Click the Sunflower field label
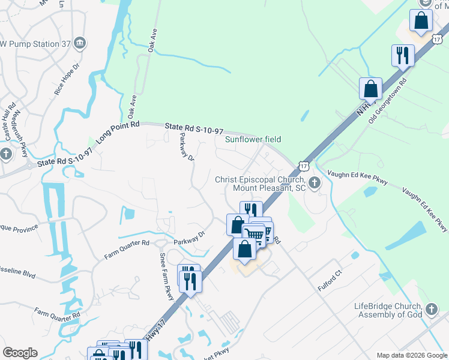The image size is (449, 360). coord(253,139)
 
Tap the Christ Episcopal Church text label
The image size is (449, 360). coord(261,184)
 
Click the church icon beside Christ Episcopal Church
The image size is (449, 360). coord(315,184)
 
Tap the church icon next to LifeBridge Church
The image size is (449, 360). coord(430,310)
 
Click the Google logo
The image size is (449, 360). coord(20,353)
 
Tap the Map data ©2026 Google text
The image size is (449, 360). coord(411,355)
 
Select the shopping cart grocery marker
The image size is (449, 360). coord(255,235)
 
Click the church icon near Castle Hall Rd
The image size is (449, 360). coord(6,154)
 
